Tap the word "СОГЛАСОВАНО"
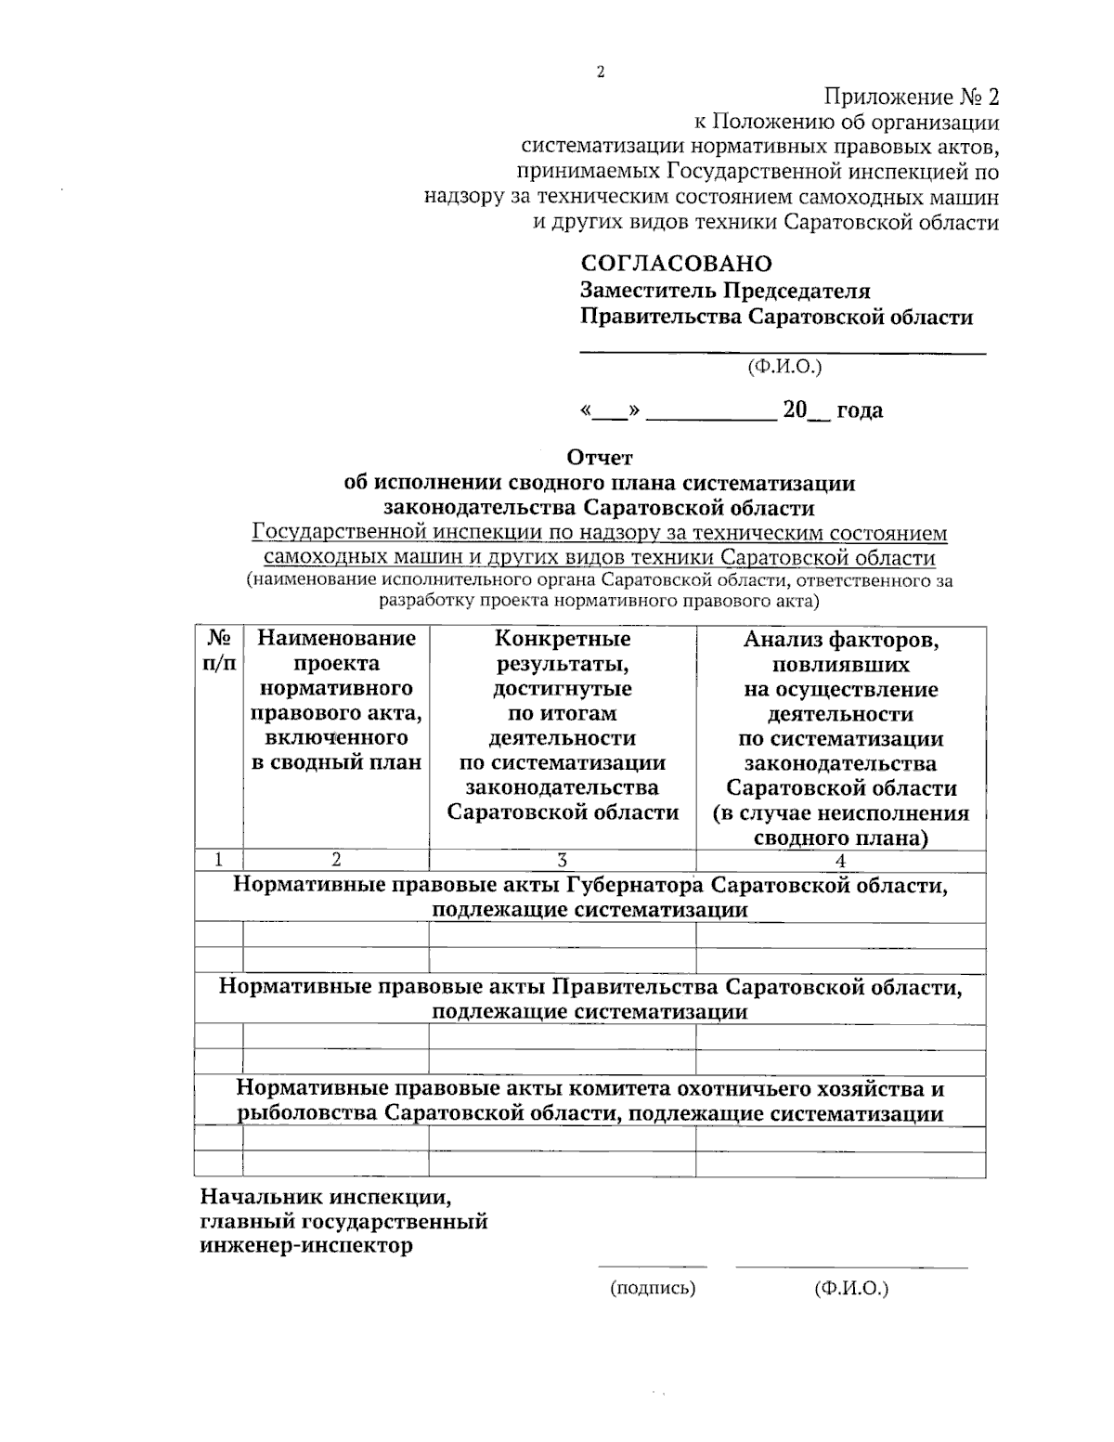[x=676, y=265]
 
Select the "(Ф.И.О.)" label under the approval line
[x=784, y=368]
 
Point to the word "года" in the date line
[x=860, y=410]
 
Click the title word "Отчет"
[x=599, y=458]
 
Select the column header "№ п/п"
[x=218, y=651]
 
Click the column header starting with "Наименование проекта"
[x=336, y=701]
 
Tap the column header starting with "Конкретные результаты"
[x=562, y=725]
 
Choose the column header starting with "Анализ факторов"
[x=840, y=738]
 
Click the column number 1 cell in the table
[x=218, y=860]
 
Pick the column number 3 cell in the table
[x=562, y=860]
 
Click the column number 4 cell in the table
[x=840, y=860]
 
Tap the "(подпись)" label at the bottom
[x=653, y=1289]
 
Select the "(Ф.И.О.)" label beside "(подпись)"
[x=850, y=1289]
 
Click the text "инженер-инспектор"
[x=306, y=1246]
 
